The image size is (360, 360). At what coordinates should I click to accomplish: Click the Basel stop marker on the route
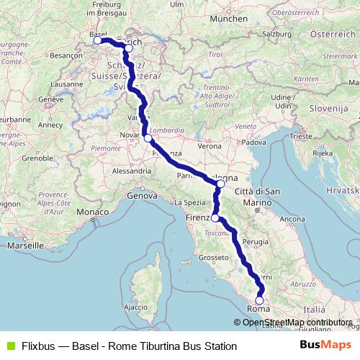click(x=98, y=40)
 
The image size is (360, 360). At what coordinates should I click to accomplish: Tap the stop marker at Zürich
click(x=128, y=48)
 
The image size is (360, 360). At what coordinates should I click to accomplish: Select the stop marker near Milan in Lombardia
click(x=147, y=138)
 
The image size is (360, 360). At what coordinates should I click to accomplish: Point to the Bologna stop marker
click(x=220, y=184)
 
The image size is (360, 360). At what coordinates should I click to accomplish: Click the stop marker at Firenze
click(x=215, y=217)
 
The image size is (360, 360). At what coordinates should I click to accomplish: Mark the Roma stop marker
click(x=260, y=301)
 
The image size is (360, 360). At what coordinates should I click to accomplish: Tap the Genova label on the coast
click(x=142, y=195)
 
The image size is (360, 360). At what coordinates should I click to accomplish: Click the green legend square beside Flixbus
click(x=9, y=346)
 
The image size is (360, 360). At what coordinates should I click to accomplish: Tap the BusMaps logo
click(x=325, y=346)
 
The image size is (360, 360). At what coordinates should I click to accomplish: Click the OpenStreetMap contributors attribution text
click(x=297, y=322)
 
